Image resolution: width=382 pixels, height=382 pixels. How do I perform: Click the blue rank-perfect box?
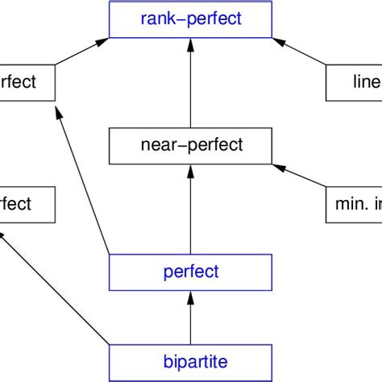pos(190,19)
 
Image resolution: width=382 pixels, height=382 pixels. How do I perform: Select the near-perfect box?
pos(190,145)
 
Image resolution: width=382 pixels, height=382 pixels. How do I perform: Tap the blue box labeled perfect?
pos(190,272)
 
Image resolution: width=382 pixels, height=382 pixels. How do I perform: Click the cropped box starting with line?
pos(354,83)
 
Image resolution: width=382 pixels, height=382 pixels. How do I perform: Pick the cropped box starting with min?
pos(354,205)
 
